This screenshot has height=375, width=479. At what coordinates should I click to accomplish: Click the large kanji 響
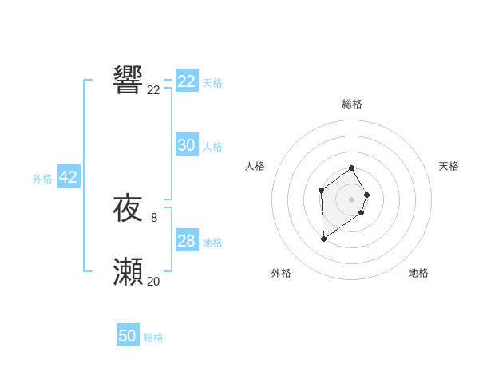pos(129,81)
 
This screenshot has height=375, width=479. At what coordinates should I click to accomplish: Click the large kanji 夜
pos(129,209)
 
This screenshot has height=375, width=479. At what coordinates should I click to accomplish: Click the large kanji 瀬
pos(129,273)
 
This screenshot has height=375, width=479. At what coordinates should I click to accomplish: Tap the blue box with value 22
pos(187,81)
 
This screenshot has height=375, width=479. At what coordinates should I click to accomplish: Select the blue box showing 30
pos(187,145)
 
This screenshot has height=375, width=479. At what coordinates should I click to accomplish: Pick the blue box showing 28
pos(187,241)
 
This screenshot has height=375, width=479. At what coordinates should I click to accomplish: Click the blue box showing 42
pos(68,177)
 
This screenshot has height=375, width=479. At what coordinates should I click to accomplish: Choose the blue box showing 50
pos(128,336)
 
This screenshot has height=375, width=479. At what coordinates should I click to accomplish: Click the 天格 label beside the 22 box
pos(212,83)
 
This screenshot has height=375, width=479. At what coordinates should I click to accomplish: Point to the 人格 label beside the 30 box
pos(212,147)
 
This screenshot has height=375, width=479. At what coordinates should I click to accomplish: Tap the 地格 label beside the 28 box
pos(212,243)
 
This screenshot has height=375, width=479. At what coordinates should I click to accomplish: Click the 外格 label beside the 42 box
pos(42,179)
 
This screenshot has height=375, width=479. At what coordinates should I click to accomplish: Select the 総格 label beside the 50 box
pos(153,337)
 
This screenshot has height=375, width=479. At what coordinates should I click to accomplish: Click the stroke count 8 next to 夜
pos(153,217)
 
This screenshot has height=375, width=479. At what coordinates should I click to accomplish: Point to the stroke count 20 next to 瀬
pos(153,281)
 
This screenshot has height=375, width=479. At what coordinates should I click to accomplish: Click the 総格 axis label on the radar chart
pos(352,104)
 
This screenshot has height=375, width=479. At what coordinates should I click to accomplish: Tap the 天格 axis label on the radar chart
pos(449,166)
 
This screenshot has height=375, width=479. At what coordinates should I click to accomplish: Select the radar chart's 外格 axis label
pos(281,273)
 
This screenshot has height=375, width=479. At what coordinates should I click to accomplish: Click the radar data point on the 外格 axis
pos(323,239)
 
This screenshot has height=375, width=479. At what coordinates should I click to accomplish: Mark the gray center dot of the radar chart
pos(352,199)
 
